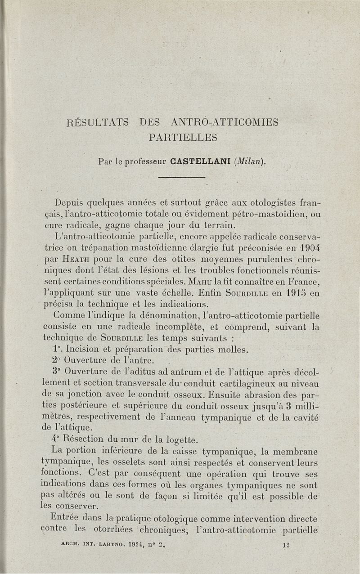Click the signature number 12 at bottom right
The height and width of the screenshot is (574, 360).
283,544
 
